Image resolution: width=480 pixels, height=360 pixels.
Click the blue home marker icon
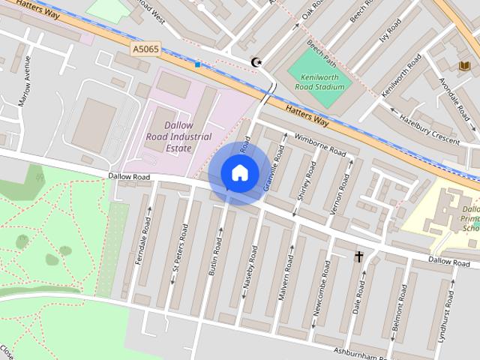pos(239,172)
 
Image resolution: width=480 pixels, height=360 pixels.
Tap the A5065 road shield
pos(145,49)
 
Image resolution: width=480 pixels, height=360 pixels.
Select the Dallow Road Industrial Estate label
pos(178,136)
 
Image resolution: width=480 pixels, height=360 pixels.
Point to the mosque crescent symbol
pos(256,62)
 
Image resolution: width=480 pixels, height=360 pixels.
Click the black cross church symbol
pos(358,257)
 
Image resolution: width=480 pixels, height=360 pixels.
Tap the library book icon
pos(464,67)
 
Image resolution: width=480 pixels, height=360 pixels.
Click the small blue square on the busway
pos(197,65)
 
